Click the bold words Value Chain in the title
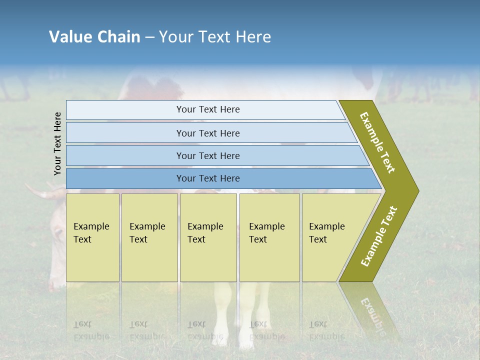coord(94,37)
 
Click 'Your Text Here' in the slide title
coord(215,37)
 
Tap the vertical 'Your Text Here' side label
coord(57,143)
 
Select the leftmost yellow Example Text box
coord(92,237)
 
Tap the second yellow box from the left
coord(149,237)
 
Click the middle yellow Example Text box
coord(208,237)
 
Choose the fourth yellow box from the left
coord(269,237)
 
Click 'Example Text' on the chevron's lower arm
coord(379,236)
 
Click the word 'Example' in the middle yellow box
coord(205,226)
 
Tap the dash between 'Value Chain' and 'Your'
coord(149,37)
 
